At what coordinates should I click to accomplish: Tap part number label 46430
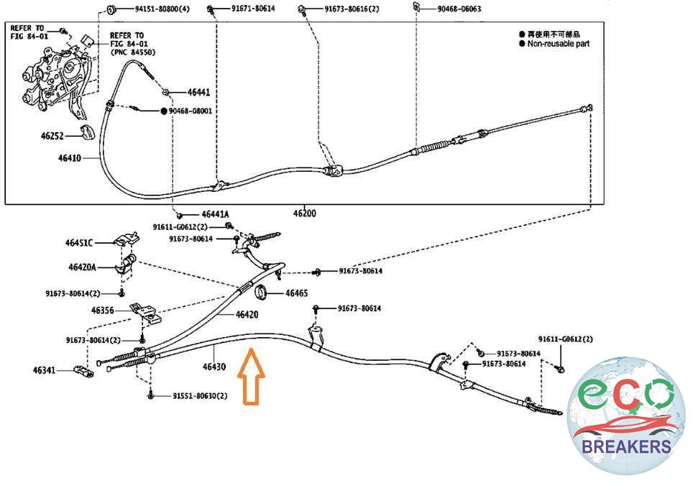pyautogui.click(x=214, y=367)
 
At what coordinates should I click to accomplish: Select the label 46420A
pyautogui.click(x=84, y=267)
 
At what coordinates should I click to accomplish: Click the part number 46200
pyautogui.click(x=304, y=213)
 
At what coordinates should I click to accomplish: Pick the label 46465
pyautogui.click(x=297, y=293)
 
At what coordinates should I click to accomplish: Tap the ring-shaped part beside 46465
pyautogui.click(x=264, y=292)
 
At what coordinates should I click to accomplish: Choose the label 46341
pyautogui.click(x=44, y=370)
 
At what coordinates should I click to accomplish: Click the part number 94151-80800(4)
pyautogui.click(x=162, y=10)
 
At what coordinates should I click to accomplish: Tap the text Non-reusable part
pyautogui.click(x=559, y=44)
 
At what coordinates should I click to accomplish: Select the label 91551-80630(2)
pyautogui.click(x=200, y=395)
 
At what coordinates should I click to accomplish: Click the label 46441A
pyautogui.click(x=215, y=214)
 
